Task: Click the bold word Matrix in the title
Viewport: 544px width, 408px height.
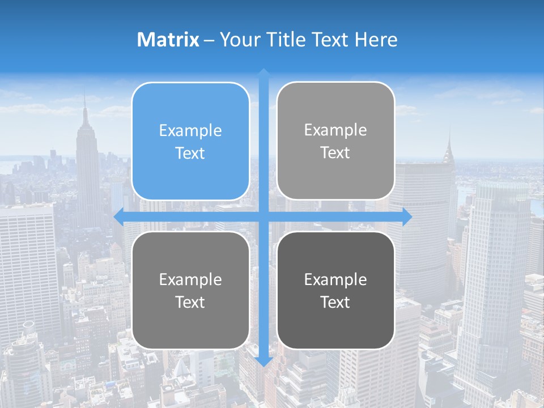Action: [x=168, y=40]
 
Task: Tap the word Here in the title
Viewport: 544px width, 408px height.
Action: [x=376, y=40]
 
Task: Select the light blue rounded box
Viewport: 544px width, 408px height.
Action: [x=190, y=141]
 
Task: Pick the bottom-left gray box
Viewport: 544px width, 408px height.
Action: [x=190, y=290]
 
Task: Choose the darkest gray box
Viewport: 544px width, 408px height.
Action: [x=335, y=290]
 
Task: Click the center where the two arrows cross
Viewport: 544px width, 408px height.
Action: [x=263, y=216]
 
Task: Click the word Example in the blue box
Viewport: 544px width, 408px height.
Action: [x=190, y=131]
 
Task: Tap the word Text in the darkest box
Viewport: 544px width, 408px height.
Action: [x=335, y=302]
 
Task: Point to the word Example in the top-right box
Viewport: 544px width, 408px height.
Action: [x=335, y=130]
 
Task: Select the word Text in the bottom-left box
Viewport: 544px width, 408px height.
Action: [x=190, y=302]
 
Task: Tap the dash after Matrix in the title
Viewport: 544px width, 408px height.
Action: [x=209, y=40]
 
